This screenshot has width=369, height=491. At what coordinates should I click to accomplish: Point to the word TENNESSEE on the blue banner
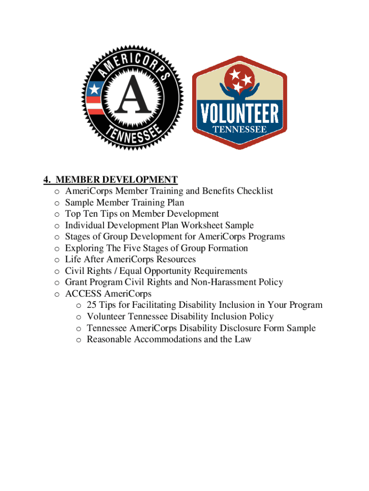(240, 129)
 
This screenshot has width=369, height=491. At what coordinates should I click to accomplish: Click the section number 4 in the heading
(46, 180)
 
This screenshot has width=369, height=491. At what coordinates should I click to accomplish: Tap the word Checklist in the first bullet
(254, 191)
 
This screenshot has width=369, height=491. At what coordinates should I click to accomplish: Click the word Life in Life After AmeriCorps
(73, 259)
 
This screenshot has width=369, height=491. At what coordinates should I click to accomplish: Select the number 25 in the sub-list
(92, 305)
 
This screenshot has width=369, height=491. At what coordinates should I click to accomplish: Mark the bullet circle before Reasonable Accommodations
(79, 340)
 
